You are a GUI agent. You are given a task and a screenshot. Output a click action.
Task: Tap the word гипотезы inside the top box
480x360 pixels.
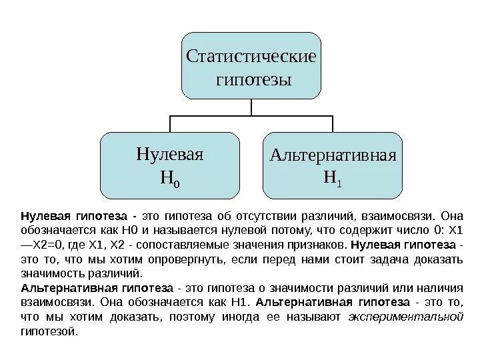point(251,80)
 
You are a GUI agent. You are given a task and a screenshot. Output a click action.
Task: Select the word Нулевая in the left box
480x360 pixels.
point(169,154)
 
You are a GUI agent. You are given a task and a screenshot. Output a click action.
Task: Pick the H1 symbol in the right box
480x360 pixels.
point(333,178)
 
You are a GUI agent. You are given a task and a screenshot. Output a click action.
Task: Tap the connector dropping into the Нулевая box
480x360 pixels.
point(170,124)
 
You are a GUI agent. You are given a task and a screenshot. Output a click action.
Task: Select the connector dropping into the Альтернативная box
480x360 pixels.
point(332,124)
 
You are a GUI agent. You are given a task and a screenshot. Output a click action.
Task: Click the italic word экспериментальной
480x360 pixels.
point(406,317)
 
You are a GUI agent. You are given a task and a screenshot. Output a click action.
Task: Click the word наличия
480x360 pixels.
point(443,288)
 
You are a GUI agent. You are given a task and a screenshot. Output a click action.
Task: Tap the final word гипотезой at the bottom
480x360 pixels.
point(49,331)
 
